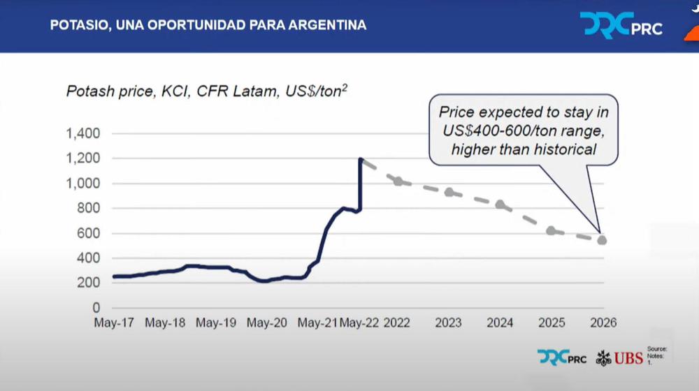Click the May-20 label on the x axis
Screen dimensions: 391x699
coord(267,323)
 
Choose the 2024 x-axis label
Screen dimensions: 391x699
coord(500,323)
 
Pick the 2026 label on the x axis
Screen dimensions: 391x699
coord(602,323)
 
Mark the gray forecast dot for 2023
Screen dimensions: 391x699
coord(449,192)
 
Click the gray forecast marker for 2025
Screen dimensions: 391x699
coord(551,230)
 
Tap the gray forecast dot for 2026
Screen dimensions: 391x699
coord(602,240)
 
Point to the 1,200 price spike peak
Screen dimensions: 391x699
coord(361,159)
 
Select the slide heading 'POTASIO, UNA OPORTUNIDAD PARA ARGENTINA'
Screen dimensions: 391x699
coord(208,25)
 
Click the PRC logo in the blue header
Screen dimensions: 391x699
coord(621,25)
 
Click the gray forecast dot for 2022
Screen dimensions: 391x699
coord(398,181)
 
